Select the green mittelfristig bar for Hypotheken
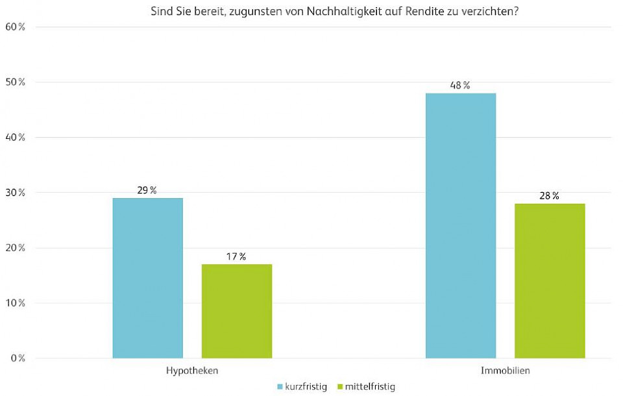(x=237, y=311)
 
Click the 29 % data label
(x=147, y=190)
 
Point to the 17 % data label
(x=237, y=256)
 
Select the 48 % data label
(x=461, y=86)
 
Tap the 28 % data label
(x=550, y=196)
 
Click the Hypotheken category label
(x=192, y=371)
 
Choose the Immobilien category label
(x=505, y=371)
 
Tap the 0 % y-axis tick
(x=18, y=358)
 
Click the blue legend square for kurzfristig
(x=280, y=387)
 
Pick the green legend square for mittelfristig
(x=341, y=387)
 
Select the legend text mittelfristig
(x=371, y=387)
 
